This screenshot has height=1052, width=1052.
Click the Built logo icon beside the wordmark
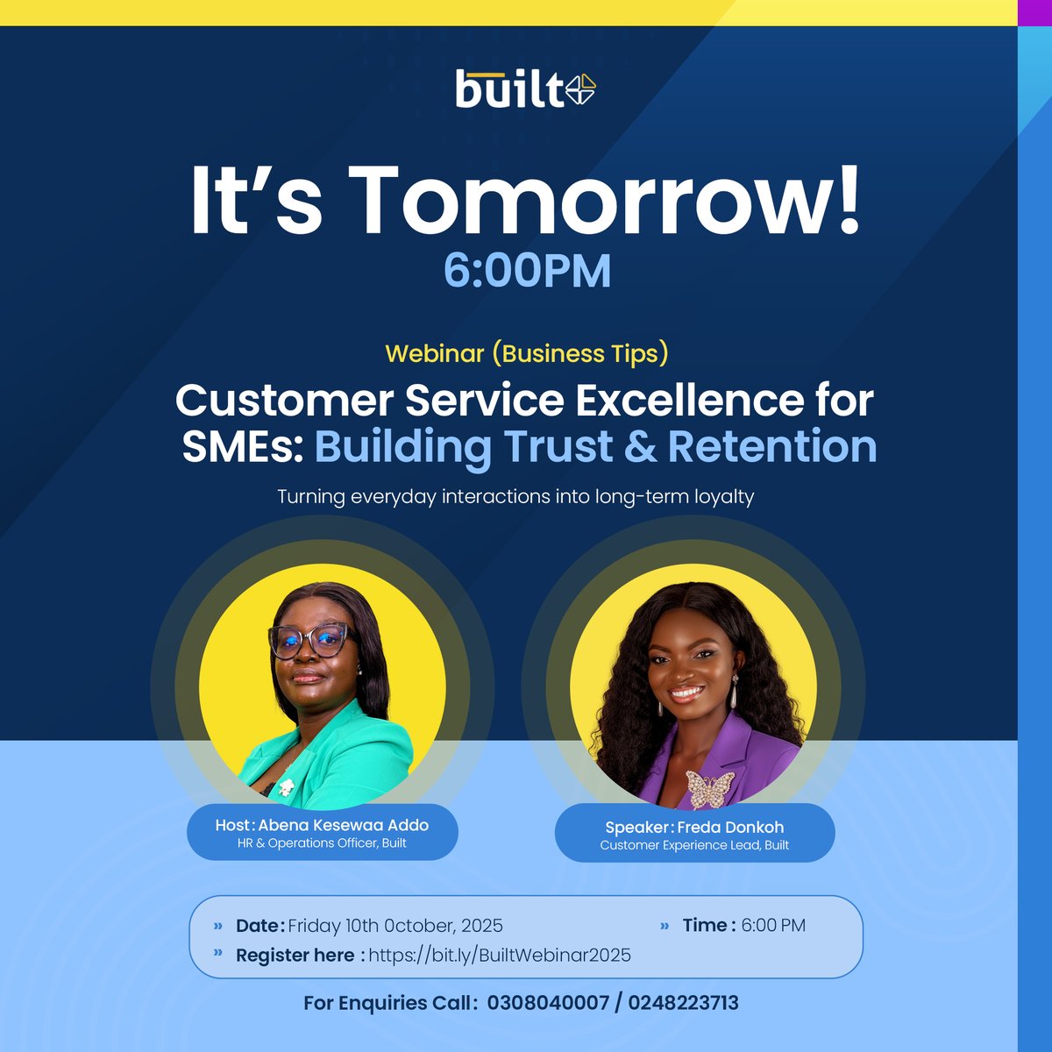(x=580, y=89)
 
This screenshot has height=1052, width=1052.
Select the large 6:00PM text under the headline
(x=527, y=270)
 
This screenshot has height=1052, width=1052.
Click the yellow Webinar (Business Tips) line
(x=527, y=353)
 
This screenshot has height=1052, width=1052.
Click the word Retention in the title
(x=772, y=446)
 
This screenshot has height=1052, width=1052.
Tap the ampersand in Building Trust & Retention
(x=641, y=446)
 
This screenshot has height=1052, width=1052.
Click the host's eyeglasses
(x=309, y=641)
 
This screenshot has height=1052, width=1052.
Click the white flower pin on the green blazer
(x=286, y=786)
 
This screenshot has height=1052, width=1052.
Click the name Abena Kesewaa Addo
(x=344, y=825)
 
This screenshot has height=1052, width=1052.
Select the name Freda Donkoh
(x=730, y=827)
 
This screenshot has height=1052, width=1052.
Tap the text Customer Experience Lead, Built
(x=694, y=845)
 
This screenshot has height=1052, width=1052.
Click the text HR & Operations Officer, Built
(x=322, y=843)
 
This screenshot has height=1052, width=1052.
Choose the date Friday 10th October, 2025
(x=395, y=926)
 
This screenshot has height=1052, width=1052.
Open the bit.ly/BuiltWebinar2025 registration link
(x=499, y=956)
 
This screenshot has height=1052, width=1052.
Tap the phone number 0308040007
(x=548, y=1003)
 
